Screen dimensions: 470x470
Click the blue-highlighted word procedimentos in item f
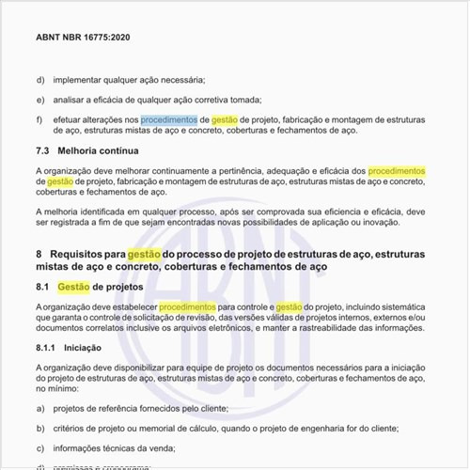[x=168, y=120]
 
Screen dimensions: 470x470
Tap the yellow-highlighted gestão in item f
[x=224, y=120]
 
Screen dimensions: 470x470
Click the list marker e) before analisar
[x=40, y=100]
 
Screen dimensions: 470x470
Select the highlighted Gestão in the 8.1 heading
[x=73, y=287]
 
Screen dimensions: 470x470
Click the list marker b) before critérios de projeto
[x=40, y=428]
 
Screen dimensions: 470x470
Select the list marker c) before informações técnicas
[x=40, y=448]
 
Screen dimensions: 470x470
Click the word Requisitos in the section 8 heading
[x=78, y=254]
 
